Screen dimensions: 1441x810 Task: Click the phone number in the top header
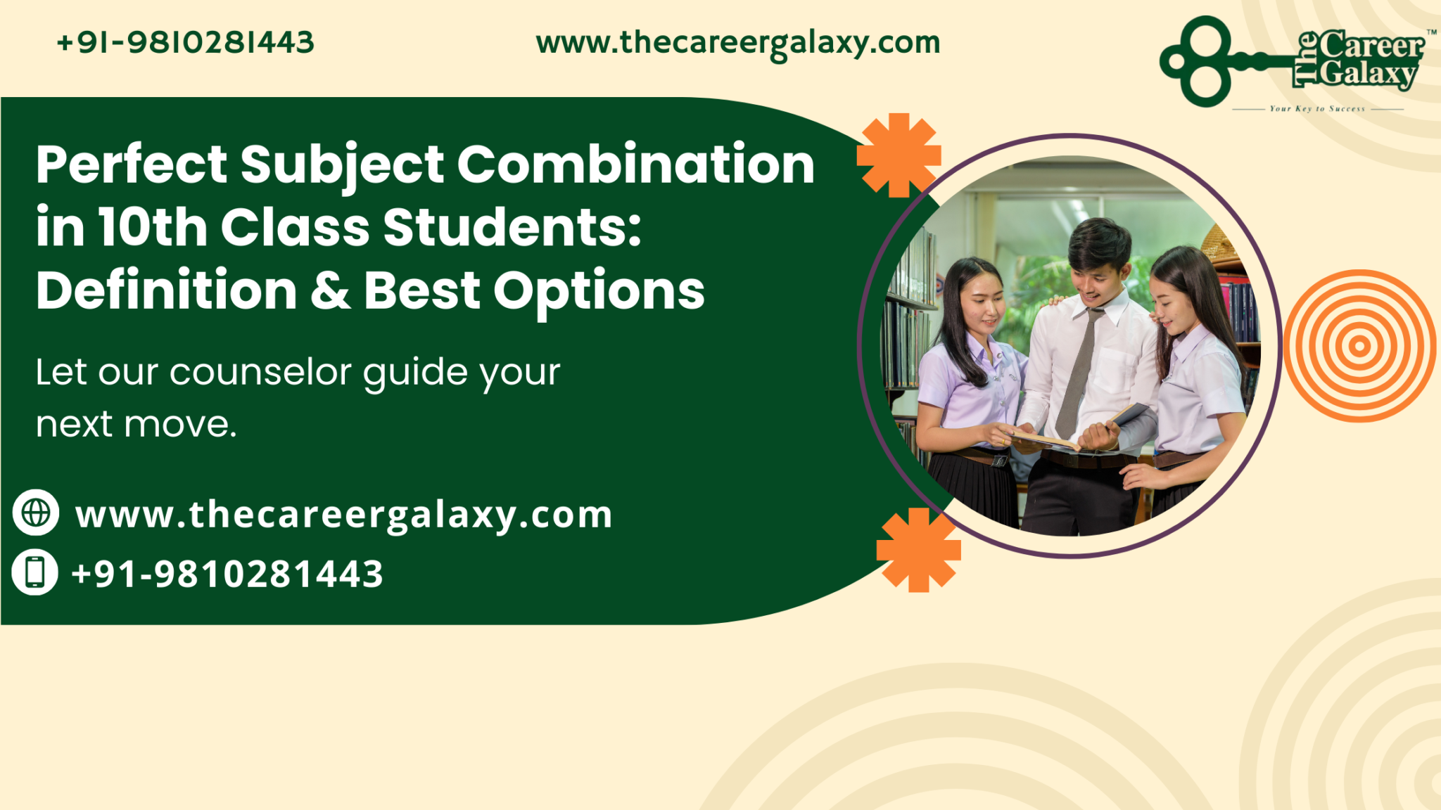pyautogui.click(x=186, y=42)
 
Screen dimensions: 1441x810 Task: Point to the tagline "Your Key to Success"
pyautogui.click(x=1317, y=109)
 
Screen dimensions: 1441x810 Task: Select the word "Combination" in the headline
pyautogui.click(x=636, y=165)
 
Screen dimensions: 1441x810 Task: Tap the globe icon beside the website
pyautogui.click(x=36, y=512)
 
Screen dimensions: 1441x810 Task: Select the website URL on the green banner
pyautogui.click(x=344, y=515)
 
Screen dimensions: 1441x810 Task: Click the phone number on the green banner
pyautogui.click(x=227, y=574)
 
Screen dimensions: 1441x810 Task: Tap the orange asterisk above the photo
pyautogui.click(x=899, y=155)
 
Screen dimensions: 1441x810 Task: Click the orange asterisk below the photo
pyautogui.click(x=918, y=550)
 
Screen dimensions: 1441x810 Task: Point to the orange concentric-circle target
pyautogui.click(x=1359, y=346)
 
